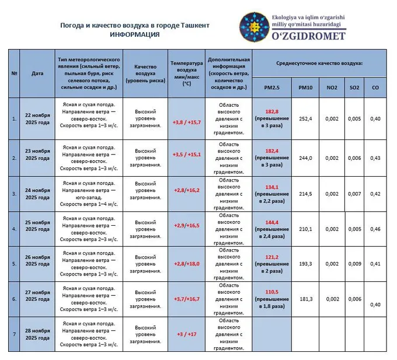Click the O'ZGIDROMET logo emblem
[254, 27]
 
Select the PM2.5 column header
[271, 88]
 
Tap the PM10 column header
[305, 88]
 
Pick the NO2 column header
[332, 88]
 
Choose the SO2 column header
[354, 88]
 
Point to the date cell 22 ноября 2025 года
[37, 119]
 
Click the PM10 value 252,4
[305, 119]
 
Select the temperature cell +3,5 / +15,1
[186, 155]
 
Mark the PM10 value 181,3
[305, 299]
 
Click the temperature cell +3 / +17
[186, 334]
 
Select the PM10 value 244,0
[305, 158]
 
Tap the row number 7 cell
[14, 334]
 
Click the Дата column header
[37, 74]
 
